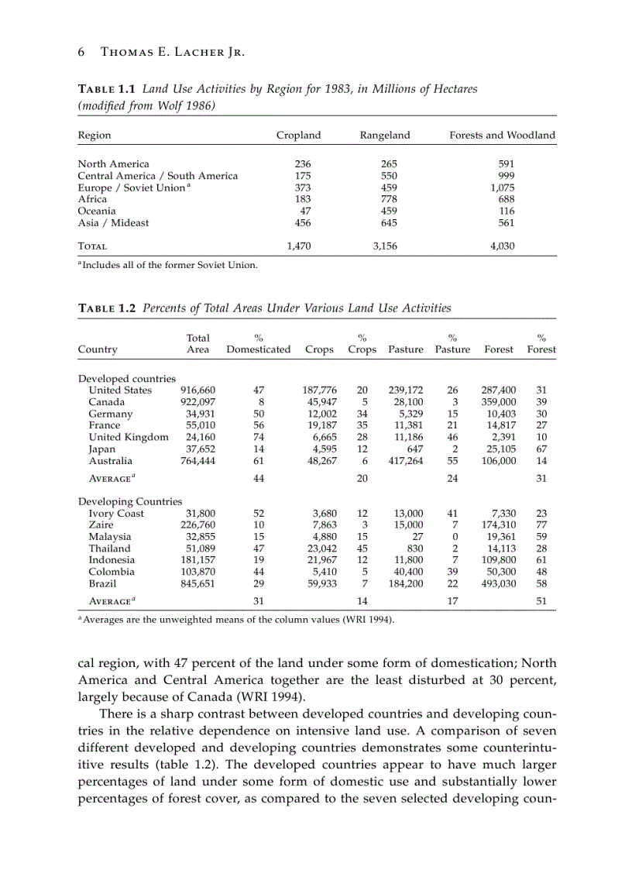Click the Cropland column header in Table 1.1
point(298,136)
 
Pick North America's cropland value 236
point(303,164)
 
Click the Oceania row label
point(97,211)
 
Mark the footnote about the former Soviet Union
point(170,266)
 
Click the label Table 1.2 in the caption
point(108,308)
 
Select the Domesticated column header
point(259,349)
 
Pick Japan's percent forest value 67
point(541,449)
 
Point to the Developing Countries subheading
point(130,502)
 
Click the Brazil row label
point(102,583)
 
